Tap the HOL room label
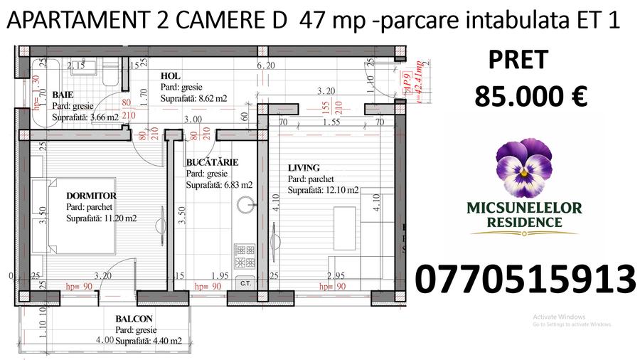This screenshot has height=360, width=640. point(169,76)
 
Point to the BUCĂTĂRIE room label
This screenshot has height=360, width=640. point(212,162)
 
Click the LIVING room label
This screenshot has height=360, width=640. point(304,168)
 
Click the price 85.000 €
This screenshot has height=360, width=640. point(530,97)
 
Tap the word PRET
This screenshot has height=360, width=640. point(518,60)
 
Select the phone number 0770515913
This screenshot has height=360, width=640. point(524,280)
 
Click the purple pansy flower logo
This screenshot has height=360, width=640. point(524,168)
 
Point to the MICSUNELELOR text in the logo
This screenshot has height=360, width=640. point(524,208)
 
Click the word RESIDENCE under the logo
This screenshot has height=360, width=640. point(524,222)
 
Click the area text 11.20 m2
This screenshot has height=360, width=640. point(114,218)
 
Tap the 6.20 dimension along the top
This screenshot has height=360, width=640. point(265,65)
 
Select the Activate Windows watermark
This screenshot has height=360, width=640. point(558,317)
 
